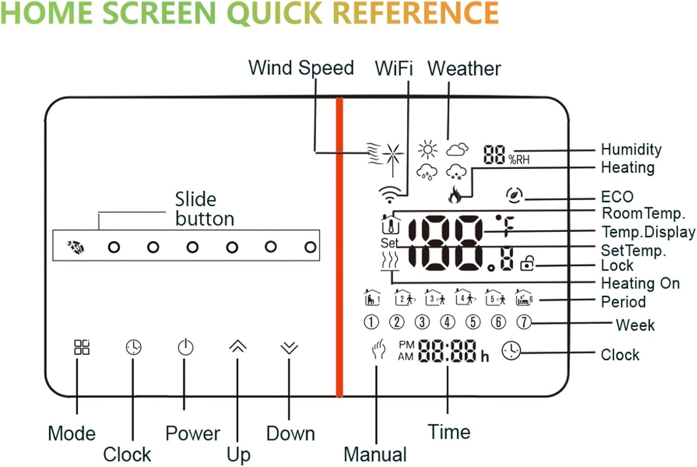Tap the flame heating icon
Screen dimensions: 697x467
tap(454, 194)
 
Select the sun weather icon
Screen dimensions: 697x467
tap(427, 150)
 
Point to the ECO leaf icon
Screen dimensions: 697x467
tap(514, 195)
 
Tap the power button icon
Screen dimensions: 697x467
tap(185, 347)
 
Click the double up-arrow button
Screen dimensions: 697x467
tap(238, 346)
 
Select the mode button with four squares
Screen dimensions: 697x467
tap(82, 347)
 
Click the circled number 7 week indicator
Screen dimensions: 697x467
tap(524, 322)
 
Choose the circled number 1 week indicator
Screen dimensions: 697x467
tap(371, 322)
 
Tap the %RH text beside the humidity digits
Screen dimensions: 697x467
tap(519, 159)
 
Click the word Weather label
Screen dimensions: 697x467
tap(464, 68)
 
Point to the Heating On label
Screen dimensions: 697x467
tap(640, 283)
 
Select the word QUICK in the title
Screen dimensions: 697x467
tap(275, 13)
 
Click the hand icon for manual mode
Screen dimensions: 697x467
tap(379, 349)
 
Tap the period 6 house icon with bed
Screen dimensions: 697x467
tap(524, 297)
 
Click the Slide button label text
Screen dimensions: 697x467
tap(204, 209)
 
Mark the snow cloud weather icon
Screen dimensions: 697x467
tap(456, 172)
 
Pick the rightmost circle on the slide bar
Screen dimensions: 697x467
tap(310, 247)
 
